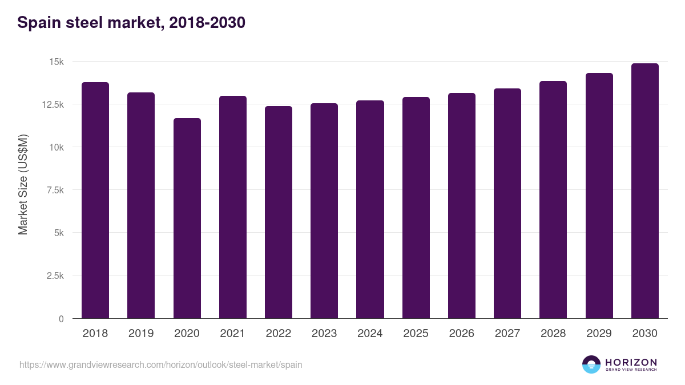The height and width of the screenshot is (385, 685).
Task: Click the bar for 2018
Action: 95,200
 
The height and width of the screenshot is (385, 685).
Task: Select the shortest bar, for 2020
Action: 187,218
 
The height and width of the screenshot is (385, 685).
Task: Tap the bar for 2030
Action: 644,191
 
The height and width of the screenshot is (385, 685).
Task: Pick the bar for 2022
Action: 279,212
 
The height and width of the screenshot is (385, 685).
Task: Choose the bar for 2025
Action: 416,208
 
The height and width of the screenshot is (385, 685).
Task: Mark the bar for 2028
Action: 553,200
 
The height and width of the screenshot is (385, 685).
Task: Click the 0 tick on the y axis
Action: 61,319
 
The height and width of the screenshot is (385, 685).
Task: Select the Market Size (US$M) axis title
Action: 23,184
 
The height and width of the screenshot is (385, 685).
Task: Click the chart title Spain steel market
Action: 131,23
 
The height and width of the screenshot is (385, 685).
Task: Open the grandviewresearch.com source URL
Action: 160,364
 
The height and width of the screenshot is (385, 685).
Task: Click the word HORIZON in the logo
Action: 631,362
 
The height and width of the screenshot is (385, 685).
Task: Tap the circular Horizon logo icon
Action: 591,364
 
